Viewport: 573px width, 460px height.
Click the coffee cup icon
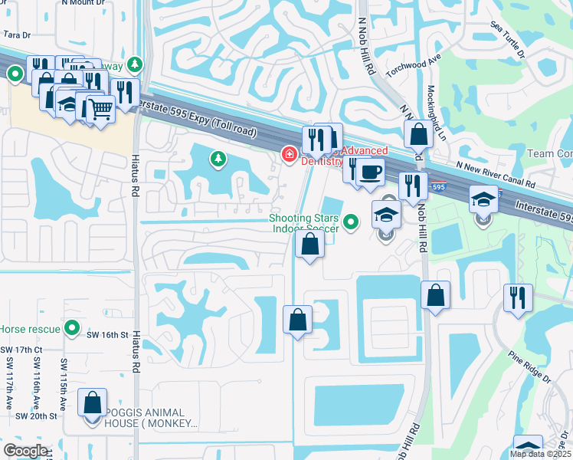pyautogui.click(x=371, y=172)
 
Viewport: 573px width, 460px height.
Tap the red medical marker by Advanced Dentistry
pyautogui.click(x=290, y=155)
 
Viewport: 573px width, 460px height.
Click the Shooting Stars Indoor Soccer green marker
pyautogui.click(x=351, y=223)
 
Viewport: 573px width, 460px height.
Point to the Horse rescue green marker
pyautogui.click(x=72, y=328)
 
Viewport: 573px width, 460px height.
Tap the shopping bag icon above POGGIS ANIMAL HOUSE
pyautogui.click(x=93, y=402)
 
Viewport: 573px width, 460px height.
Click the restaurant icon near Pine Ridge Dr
pyautogui.click(x=519, y=297)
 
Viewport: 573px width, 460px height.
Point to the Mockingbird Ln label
pyautogui.click(x=436, y=115)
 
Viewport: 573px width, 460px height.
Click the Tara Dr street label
pyautogui.click(x=17, y=34)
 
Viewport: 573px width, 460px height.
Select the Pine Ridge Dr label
pyautogui.click(x=529, y=367)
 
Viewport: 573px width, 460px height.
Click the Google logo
pyautogui.click(x=25, y=450)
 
